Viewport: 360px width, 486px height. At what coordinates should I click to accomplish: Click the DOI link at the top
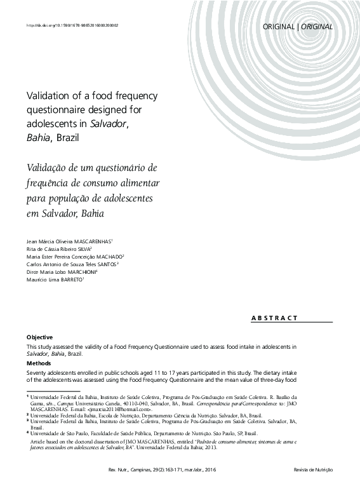(x=72, y=25)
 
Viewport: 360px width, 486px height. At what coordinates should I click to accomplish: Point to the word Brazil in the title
(x=69, y=136)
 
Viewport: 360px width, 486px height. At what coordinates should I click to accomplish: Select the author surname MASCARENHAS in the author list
(x=91, y=242)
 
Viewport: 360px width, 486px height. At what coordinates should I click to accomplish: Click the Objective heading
(x=39, y=337)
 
